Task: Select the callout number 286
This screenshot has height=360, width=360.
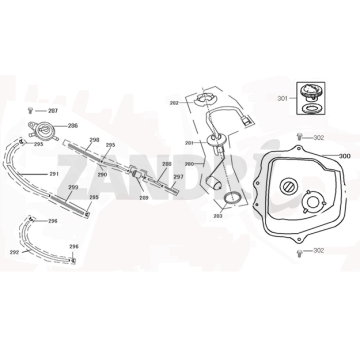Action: pos(72,127)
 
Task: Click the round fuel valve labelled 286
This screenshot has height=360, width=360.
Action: pos(47,129)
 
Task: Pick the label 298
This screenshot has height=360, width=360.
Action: pos(93,141)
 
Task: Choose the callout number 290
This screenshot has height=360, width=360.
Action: pos(101,174)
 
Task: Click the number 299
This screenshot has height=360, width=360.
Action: pos(73,188)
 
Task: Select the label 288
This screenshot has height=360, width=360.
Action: pos(166,163)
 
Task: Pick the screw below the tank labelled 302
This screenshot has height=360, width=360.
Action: pos(299,250)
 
